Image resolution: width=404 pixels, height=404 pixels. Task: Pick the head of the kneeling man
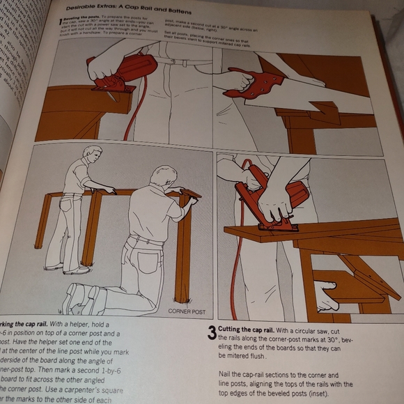164,178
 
